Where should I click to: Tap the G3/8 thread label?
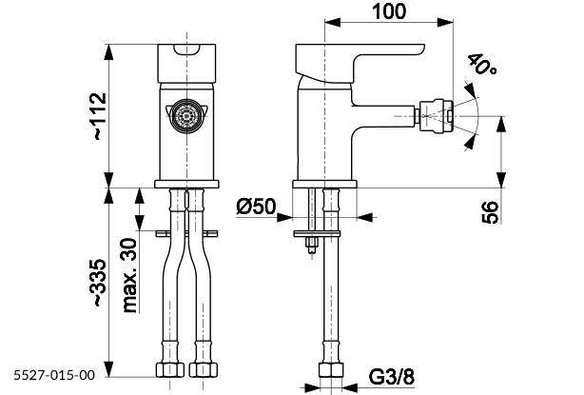pos(392,378)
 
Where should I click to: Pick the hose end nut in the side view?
pos(330,369)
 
